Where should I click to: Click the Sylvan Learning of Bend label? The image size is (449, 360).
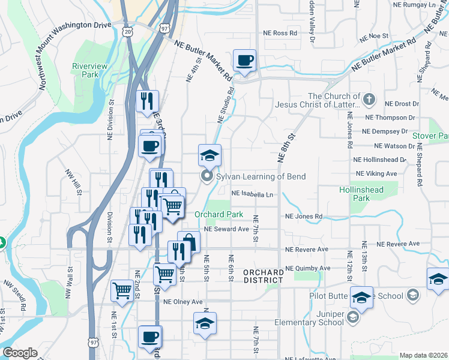click(261, 176)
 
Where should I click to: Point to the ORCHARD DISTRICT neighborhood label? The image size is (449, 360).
click(263, 276)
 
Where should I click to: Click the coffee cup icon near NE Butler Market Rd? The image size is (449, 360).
click(244, 61)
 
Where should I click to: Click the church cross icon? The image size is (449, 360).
click(370, 97)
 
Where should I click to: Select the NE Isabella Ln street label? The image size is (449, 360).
click(253, 194)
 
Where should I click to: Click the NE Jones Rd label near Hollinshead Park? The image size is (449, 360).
click(304, 216)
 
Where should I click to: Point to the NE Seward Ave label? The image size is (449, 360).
click(226, 229)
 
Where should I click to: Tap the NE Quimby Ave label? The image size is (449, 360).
click(308, 268)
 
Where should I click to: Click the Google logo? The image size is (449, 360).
click(20, 353)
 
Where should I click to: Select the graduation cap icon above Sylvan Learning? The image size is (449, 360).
click(209, 156)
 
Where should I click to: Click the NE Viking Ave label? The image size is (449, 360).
click(376, 173)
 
